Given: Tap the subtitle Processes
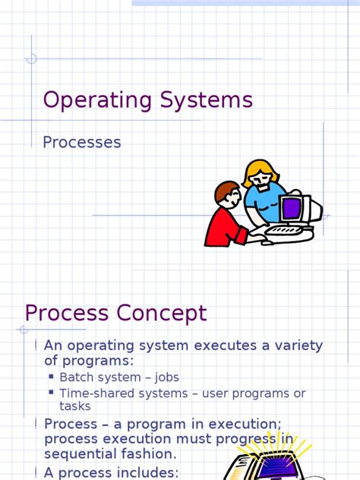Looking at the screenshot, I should pos(82,142).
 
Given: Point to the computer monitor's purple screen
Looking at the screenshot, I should pos(290,207).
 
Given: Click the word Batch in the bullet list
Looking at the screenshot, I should pos(77,377).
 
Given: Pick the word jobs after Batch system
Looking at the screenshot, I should pos(166,377).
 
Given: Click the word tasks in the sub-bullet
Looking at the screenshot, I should pos(75,406).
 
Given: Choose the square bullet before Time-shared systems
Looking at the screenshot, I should pos(52,393).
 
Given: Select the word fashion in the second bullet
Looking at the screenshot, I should pos(152,453).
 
